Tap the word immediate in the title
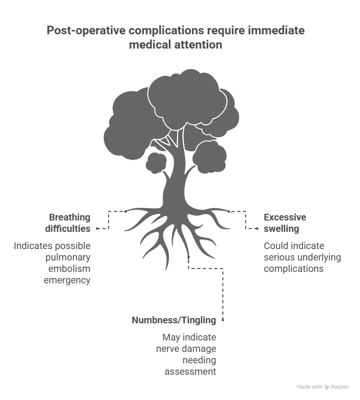click(276, 30)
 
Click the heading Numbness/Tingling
click(174, 320)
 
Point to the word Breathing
click(70, 217)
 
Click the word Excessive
click(285, 217)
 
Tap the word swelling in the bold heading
click(281, 229)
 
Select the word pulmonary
click(68, 258)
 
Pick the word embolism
click(70, 269)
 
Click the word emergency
click(67, 280)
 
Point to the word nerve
click(165, 349)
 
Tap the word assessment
click(190, 372)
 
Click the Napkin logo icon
click(327, 387)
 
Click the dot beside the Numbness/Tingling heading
click(223, 320)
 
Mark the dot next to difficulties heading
click(97, 229)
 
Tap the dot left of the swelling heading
click(257, 229)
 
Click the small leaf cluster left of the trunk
click(156, 163)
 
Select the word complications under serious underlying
click(294, 269)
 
